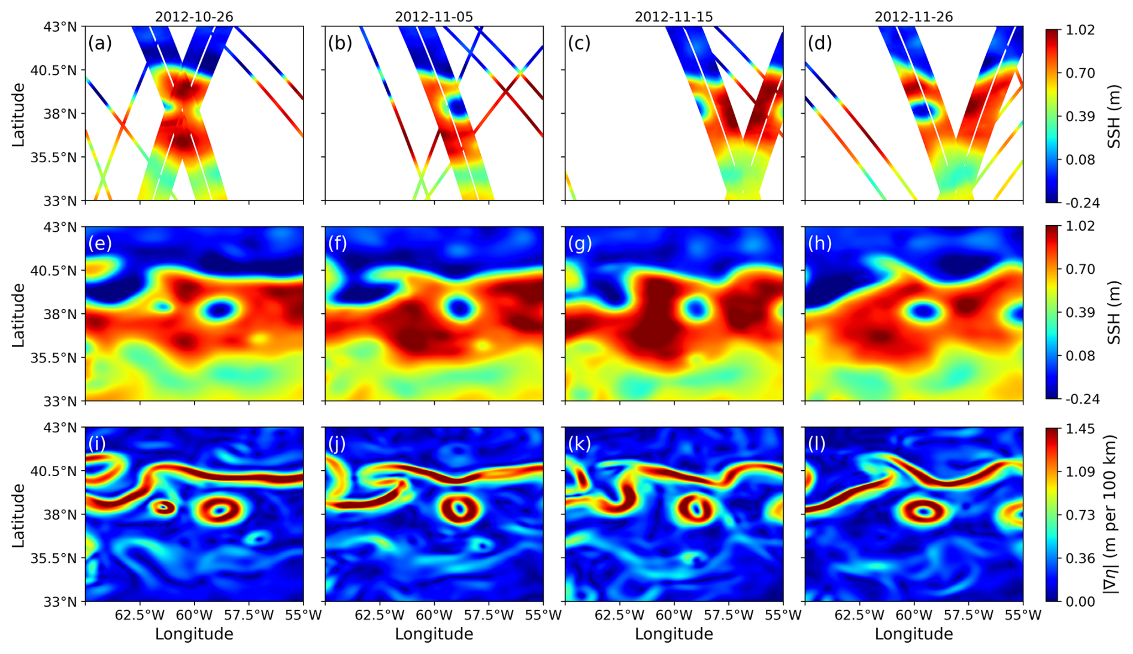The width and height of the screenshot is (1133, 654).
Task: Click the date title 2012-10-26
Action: (194, 17)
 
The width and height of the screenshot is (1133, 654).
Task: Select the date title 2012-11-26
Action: (913, 17)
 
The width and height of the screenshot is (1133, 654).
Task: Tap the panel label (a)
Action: (100, 43)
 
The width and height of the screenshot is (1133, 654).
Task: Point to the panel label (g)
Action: (580, 243)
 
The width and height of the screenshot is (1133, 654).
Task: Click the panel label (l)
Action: (816, 444)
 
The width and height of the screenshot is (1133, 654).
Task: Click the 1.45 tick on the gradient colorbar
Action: (1081, 429)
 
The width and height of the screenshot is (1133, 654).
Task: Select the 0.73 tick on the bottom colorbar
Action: (1081, 515)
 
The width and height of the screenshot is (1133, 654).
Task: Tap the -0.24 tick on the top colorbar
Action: (1083, 203)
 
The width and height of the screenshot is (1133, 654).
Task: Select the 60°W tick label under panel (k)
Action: (674, 615)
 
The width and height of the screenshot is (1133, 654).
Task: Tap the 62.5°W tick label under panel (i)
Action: (140, 615)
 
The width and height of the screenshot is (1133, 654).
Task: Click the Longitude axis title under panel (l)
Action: (913, 634)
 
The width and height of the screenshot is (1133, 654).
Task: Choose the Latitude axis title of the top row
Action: (19, 114)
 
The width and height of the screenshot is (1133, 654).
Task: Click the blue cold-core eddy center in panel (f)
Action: (459, 308)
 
